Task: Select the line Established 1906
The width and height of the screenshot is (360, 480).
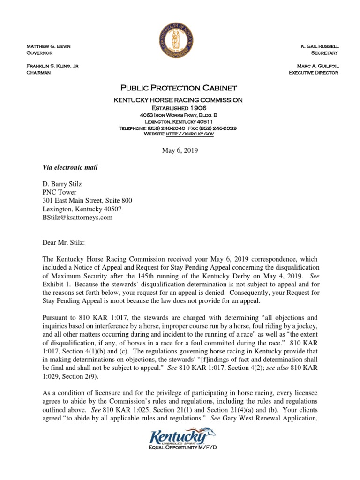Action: [180, 107]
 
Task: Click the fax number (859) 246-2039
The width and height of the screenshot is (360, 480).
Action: [220, 128]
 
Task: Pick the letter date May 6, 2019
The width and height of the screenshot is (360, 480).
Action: [180, 151]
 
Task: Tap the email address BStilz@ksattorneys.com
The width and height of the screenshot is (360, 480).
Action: [77, 217]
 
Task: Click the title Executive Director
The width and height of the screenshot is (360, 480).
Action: [314, 73]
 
